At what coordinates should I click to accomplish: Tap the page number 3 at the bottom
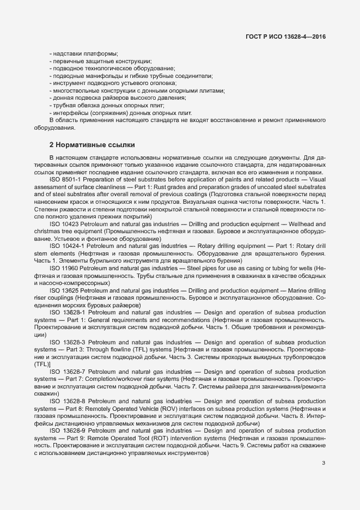tap(324, 464)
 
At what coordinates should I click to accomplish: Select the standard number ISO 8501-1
tap(67, 180)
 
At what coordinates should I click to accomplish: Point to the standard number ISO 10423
tap(64, 224)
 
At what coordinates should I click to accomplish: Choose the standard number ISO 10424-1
tap(67, 246)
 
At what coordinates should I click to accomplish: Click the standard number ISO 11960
tap(64, 269)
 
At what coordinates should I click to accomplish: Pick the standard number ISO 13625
tap(64, 291)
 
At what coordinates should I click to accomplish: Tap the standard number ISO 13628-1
tap(67, 313)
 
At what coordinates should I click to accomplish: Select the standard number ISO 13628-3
tap(67, 342)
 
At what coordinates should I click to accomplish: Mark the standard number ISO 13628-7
tap(67, 372)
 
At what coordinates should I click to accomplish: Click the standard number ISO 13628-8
tap(67, 401)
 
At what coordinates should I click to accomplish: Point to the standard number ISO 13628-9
tap(67, 430)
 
